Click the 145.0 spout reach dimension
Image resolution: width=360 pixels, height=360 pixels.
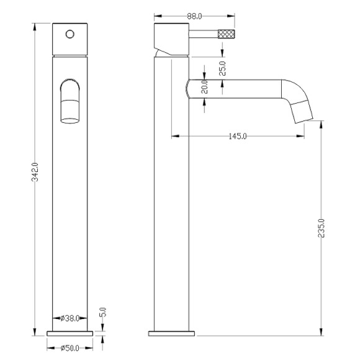click(236, 136)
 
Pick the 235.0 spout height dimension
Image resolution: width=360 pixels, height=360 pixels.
click(321, 229)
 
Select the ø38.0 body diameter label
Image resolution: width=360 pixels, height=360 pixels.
click(70, 318)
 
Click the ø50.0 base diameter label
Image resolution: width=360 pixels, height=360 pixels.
click(70, 348)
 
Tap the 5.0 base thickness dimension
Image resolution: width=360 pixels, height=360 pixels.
click(103, 312)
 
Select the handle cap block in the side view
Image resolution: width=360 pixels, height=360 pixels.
click(169, 38)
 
